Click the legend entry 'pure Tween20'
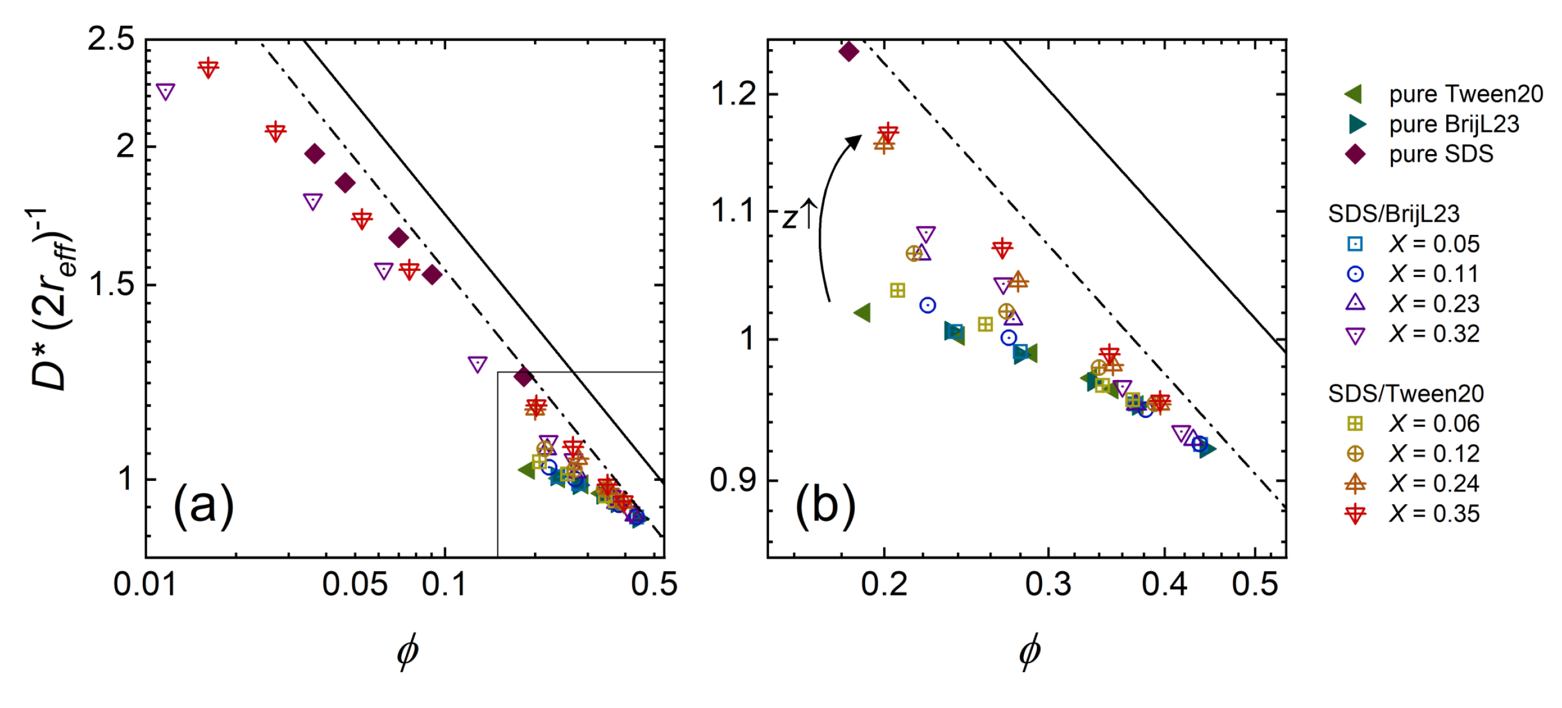coord(1465,94)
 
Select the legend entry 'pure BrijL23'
coord(1453,124)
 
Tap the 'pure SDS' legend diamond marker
coord(1355,154)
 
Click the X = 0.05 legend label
coord(1434,243)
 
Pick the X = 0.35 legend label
coord(1434,513)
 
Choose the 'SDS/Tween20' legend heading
coord(1405,393)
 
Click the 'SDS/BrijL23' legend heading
coord(1393,213)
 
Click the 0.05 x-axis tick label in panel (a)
coord(355,585)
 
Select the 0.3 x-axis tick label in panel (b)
coord(1048,585)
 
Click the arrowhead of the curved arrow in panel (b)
coord(855,141)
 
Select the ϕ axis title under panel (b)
coord(1029,652)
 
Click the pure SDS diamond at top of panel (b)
coord(848,52)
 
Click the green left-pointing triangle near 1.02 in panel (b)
coord(863,313)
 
